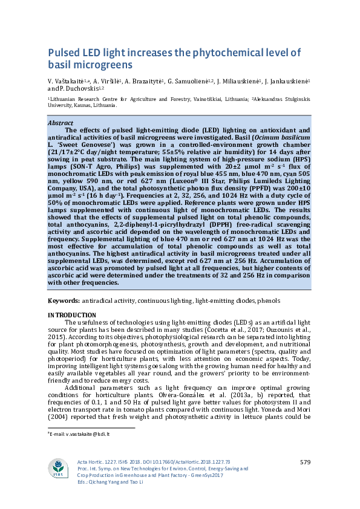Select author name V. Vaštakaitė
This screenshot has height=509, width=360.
coord(68,80)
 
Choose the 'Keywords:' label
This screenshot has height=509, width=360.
coord(64,300)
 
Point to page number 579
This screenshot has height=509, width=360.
coord(305,462)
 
